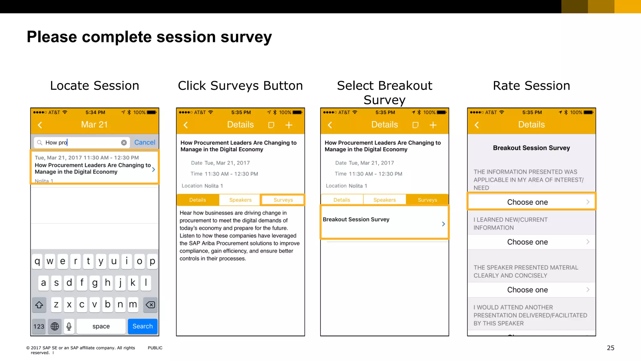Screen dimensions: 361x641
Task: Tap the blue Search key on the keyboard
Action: [142, 326]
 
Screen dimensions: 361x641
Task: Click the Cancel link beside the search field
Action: [145, 142]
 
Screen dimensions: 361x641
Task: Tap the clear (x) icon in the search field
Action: [124, 143]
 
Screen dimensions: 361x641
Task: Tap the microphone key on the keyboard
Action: [69, 326]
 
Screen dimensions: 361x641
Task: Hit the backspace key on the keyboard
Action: [150, 305]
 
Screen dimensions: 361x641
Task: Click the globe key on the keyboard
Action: [55, 326]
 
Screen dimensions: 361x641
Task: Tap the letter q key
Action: [37, 261]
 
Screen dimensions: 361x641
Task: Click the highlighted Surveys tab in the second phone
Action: [283, 200]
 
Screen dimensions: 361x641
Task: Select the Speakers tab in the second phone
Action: [240, 200]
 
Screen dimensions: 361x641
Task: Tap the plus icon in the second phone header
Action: [289, 125]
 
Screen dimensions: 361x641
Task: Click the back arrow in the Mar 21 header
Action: [40, 125]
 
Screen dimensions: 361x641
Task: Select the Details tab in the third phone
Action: [342, 200]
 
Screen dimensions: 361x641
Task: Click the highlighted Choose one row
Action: [531, 202]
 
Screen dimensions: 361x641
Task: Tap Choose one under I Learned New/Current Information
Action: [531, 242]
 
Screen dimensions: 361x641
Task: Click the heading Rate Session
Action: [531, 86]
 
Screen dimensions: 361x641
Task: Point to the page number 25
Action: [610, 348]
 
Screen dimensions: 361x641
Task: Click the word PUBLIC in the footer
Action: [155, 348]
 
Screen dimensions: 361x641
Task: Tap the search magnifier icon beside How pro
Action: [40, 143]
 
